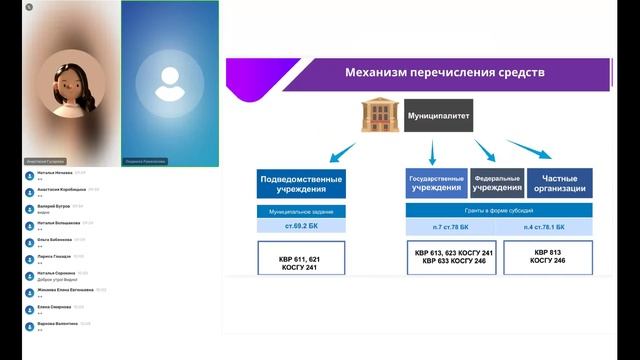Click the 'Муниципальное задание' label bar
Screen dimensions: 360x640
click(301, 212)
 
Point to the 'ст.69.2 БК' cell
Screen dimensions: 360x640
click(301, 227)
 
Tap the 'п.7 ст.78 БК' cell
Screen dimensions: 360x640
click(452, 227)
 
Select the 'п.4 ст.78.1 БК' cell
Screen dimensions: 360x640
click(549, 227)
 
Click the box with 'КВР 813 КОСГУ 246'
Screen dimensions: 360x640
click(549, 256)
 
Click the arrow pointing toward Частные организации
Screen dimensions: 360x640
click(529, 149)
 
